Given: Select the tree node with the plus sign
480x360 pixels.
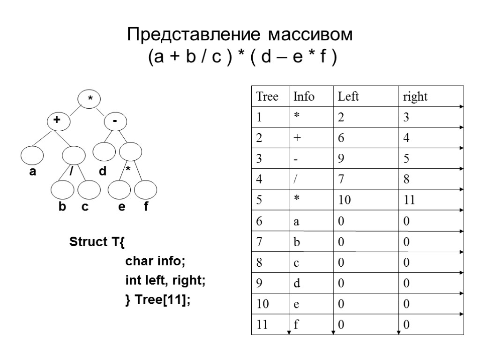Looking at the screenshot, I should point(58,120).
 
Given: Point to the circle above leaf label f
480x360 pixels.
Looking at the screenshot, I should point(146,191).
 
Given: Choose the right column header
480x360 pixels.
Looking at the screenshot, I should point(415,97).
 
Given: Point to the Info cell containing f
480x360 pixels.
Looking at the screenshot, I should point(296,325).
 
